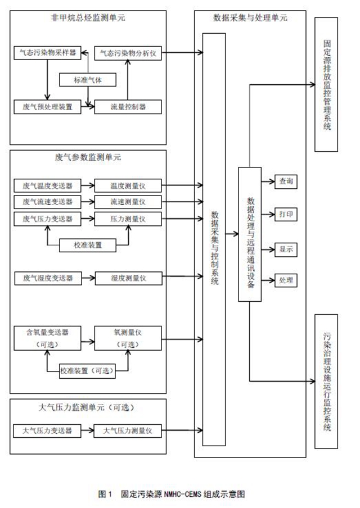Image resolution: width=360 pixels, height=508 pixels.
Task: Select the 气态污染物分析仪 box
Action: (x=128, y=53)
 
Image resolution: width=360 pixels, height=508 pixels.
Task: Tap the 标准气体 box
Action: (x=88, y=80)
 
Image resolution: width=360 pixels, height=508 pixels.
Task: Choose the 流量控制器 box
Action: (x=128, y=106)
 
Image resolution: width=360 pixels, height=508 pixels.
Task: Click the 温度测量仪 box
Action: (x=128, y=185)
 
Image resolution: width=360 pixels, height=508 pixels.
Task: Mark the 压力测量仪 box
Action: (x=128, y=217)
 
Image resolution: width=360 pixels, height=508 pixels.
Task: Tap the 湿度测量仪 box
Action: (x=128, y=278)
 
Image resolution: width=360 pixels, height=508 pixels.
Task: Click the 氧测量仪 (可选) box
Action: (x=128, y=338)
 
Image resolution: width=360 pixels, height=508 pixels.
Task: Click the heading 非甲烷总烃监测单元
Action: (x=88, y=18)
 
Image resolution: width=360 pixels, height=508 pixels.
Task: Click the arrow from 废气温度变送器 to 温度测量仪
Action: (x=87, y=185)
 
